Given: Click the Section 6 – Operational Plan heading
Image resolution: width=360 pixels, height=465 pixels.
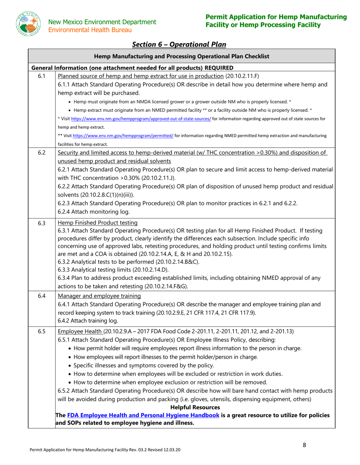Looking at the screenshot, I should coord(179,45).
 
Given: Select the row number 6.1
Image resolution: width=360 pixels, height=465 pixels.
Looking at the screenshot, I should coord(42,76).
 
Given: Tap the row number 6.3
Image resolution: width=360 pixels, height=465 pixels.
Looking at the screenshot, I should coord(42,223).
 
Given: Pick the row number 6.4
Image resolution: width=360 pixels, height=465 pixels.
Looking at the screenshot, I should coord(42,296).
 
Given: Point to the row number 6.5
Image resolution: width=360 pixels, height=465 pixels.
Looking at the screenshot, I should coord(42,332).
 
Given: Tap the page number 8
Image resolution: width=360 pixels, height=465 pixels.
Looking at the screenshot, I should coord(304,445).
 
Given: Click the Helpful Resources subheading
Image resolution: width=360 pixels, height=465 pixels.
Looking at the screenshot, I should coord(195,407).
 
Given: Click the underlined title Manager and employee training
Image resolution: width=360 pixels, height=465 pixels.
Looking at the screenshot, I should coord(99,296).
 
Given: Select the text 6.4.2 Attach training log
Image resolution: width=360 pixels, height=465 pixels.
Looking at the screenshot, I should coord(88,321).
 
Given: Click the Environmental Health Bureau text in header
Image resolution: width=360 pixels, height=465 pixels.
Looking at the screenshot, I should coord(91,30).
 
